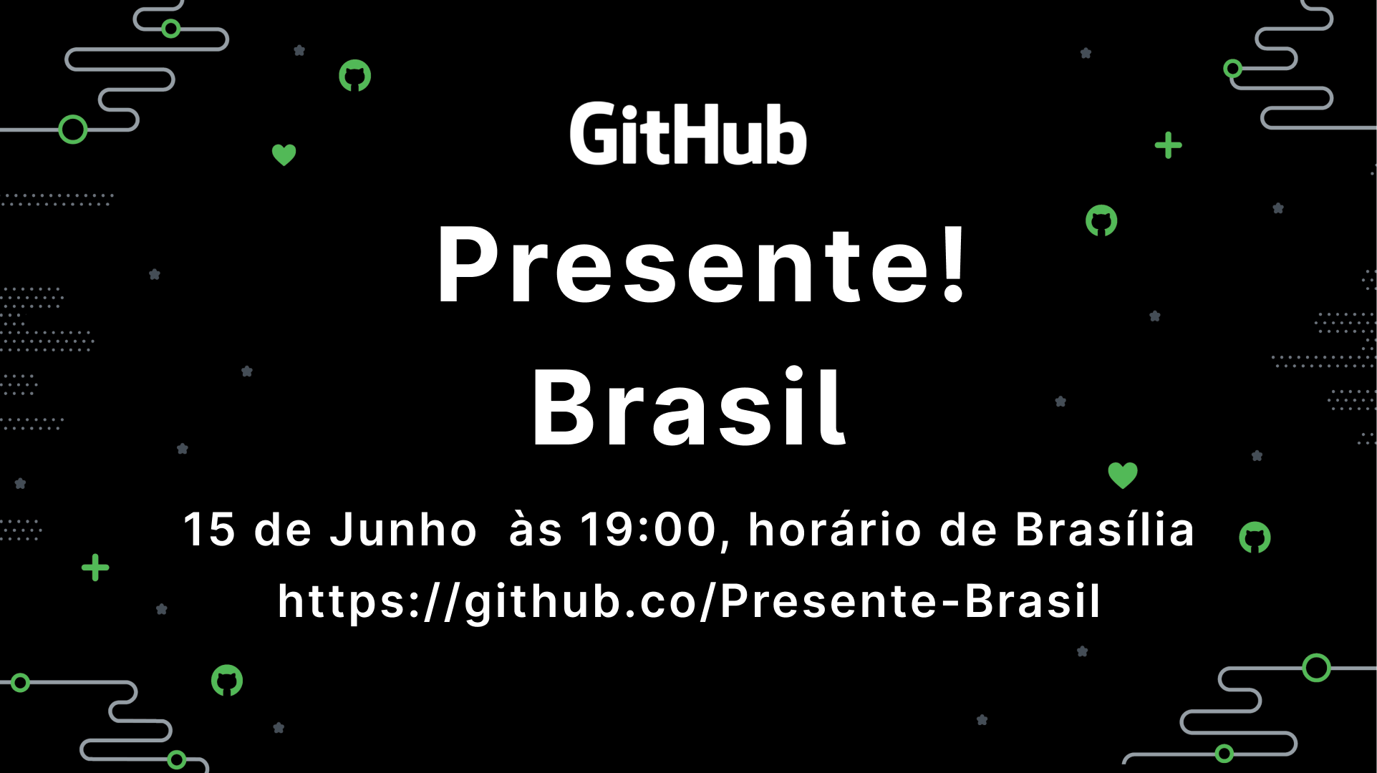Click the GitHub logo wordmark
pos(687,134)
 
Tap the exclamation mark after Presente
pos(954,263)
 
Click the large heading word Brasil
pos(689,408)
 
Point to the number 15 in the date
pos(209,530)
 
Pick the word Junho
pos(402,530)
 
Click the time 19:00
pos(648,530)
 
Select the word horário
pos(835,530)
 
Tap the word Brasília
pos(1104,530)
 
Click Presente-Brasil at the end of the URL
pos(909,601)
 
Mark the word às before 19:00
pos(535,530)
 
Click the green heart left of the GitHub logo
pos(284,155)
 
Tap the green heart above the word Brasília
pos(1123,475)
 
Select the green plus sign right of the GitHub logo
pos(1168,145)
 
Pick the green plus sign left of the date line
pos(95,568)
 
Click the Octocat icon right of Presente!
pos(1101,220)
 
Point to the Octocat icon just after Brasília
pos(1255,538)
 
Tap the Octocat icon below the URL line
pos(227,681)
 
